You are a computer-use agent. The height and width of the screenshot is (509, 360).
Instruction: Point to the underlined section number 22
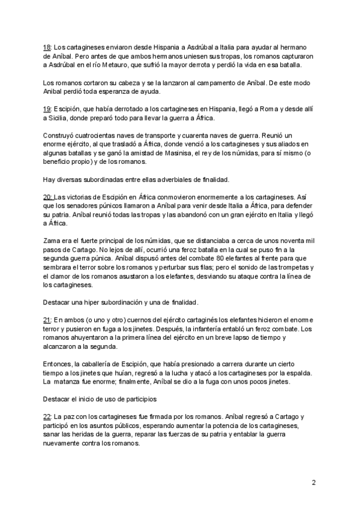pos(47,416)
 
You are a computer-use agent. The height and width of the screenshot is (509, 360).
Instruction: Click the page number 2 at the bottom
pos(313,482)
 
